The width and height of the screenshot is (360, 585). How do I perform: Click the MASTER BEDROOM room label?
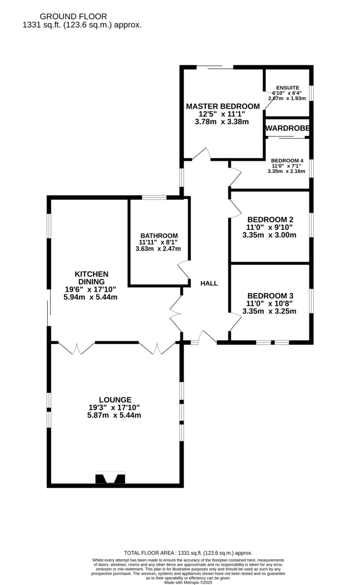click(x=223, y=106)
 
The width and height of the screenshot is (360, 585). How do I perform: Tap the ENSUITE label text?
click(x=287, y=88)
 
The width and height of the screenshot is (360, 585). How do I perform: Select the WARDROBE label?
click(x=287, y=129)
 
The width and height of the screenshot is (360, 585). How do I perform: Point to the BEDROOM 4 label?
click(x=287, y=160)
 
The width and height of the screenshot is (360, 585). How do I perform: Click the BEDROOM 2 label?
click(x=269, y=219)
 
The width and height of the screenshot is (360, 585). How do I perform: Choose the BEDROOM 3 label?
click(x=269, y=296)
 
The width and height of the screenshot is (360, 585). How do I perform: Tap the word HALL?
click(x=209, y=283)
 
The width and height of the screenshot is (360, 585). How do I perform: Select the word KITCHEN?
click(x=91, y=274)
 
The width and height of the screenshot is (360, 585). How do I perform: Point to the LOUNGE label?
click(x=114, y=400)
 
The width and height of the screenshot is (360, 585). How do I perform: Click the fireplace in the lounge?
click(x=110, y=478)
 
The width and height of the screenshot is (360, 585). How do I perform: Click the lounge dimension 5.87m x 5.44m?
click(x=114, y=415)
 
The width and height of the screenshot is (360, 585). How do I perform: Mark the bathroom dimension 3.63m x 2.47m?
click(x=158, y=249)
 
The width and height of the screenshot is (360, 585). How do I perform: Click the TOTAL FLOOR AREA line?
click(x=188, y=553)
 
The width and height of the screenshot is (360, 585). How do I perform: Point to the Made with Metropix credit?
click(x=188, y=582)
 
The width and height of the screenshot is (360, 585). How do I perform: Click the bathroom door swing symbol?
click(x=185, y=271)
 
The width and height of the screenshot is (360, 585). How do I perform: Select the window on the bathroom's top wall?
click(x=154, y=197)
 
